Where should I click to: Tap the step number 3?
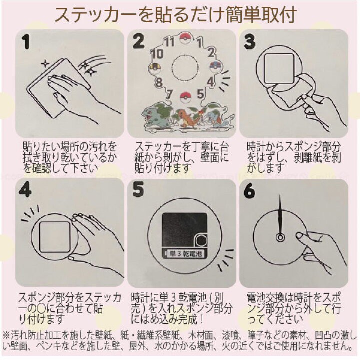click(x=249, y=42)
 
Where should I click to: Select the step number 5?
click(x=139, y=190)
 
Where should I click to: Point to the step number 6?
click(x=250, y=190)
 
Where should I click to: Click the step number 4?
click(x=25, y=190)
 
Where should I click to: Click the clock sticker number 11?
click(x=169, y=42)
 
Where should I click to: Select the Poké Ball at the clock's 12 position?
click(x=186, y=39)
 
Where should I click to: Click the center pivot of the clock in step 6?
click(x=281, y=237)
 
